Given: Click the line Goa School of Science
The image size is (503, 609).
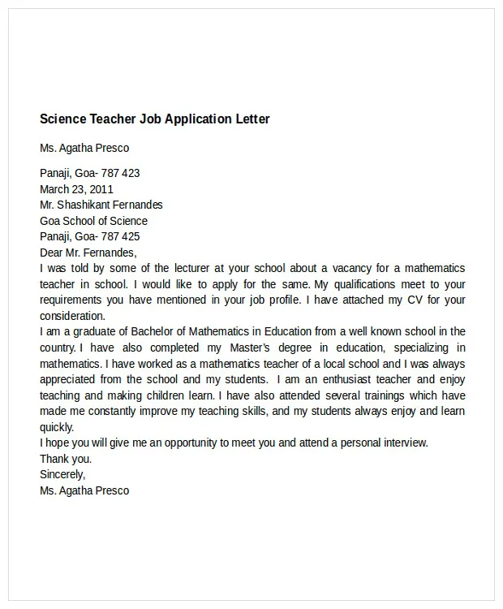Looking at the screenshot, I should tap(93, 221).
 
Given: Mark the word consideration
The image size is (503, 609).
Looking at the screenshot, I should tap(72, 316).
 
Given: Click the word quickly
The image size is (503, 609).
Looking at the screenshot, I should tap(57, 427).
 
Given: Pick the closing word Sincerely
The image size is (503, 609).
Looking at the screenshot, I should tap(62, 474).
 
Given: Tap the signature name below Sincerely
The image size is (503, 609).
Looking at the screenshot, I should tap(84, 490).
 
